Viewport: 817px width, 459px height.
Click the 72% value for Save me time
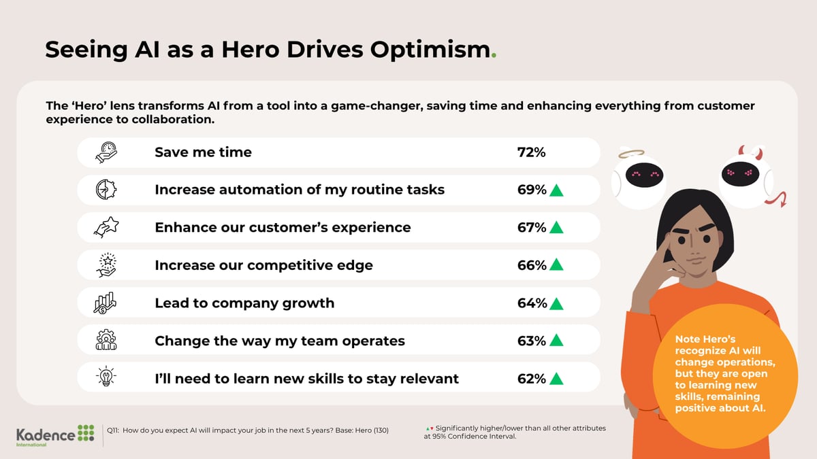point(531,152)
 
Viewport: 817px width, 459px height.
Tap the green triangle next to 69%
point(556,190)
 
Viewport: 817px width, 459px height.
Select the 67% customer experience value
point(532,227)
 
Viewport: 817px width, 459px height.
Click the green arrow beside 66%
point(556,265)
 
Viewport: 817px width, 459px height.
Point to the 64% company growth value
point(532,303)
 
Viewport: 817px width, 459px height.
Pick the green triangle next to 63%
point(556,340)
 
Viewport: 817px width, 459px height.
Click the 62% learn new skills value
point(532,378)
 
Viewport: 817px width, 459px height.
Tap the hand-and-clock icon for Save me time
point(106,152)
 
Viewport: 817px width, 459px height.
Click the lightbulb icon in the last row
point(106,378)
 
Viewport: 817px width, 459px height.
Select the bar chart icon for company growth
point(106,303)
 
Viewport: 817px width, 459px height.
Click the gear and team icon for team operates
point(106,340)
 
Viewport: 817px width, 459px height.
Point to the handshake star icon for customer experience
point(106,227)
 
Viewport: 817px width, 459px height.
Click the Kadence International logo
point(56,435)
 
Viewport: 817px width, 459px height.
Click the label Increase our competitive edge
point(263,265)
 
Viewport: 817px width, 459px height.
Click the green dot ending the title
point(494,56)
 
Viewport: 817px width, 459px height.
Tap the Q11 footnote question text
point(249,430)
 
